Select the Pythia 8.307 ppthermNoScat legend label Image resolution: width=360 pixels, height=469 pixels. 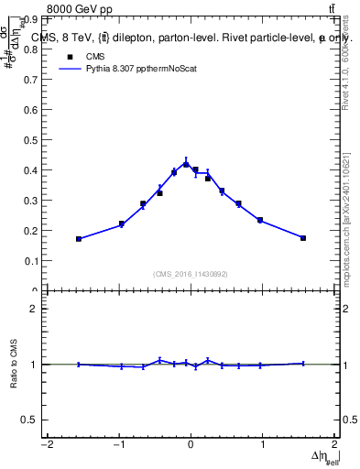(x=138, y=68)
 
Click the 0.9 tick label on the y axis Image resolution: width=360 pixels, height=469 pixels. (x=28, y=17)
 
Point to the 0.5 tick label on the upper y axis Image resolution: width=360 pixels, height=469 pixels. (x=28, y=139)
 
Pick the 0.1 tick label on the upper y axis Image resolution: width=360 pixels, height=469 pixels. (x=28, y=261)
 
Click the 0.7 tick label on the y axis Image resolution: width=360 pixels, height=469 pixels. (x=28, y=79)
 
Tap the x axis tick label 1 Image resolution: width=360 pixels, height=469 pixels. (x=263, y=445)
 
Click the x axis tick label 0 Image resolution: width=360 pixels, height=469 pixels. (x=191, y=445)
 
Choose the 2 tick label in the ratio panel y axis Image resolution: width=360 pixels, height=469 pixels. (x=33, y=309)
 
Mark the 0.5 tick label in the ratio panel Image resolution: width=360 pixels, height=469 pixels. (x=28, y=420)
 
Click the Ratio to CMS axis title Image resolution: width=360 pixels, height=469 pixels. (x=15, y=364)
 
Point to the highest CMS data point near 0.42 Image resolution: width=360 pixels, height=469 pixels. (x=186, y=164)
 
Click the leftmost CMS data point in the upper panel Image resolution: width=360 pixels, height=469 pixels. (x=79, y=239)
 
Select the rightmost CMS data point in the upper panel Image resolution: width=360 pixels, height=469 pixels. (x=303, y=238)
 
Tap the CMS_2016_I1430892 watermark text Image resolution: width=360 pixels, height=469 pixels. (x=191, y=274)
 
